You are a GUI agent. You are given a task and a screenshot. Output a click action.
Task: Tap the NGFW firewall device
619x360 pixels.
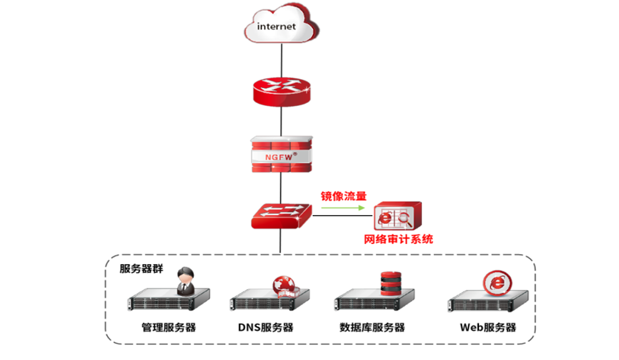tap(281, 154)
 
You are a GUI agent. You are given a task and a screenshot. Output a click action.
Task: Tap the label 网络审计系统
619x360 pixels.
tap(398, 239)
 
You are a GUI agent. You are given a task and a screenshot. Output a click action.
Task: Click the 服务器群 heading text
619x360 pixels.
tap(141, 268)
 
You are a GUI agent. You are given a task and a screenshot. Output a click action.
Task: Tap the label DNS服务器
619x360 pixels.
tap(265, 327)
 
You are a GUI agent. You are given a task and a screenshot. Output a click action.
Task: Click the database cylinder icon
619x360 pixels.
tap(390, 282)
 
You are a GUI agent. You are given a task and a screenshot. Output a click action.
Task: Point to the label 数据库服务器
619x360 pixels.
tap(372, 327)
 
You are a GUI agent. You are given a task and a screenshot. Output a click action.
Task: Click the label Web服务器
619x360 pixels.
tap(488, 327)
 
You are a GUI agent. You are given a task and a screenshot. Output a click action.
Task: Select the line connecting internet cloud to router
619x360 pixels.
tap(280, 60)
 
